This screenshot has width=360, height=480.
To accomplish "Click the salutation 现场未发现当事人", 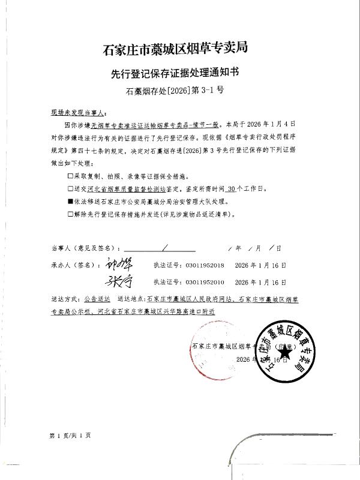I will pyautogui.click(x=79, y=112).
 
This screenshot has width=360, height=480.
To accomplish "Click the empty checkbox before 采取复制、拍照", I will pyautogui.click(x=70, y=178).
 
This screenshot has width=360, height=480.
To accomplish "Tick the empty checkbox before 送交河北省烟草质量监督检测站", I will pyautogui.click(x=70, y=190).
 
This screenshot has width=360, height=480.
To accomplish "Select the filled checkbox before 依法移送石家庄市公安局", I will pyautogui.click(x=70, y=202).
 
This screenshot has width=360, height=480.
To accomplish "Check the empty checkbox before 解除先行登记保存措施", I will pyautogui.click(x=70, y=213).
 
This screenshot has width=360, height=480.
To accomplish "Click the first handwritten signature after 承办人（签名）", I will pyautogui.click(x=120, y=264).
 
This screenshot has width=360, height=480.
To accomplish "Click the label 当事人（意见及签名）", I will pyautogui.click(x=86, y=248).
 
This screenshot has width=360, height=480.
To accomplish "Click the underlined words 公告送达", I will pyautogui.click(x=97, y=298).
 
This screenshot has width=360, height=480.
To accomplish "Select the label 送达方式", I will pyautogui.click(x=65, y=298).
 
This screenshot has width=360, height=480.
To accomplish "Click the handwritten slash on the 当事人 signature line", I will pyautogui.click(x=164, y=247).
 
